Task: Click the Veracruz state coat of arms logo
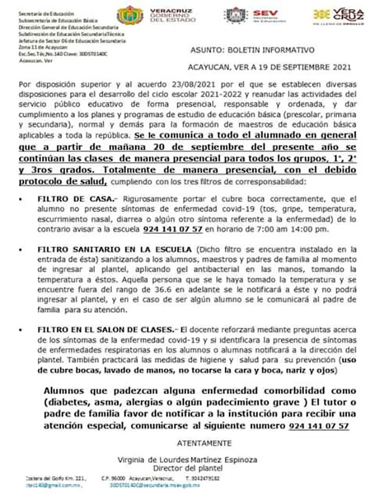129,15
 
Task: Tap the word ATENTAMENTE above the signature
204,443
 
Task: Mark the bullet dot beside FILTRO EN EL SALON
22,329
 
